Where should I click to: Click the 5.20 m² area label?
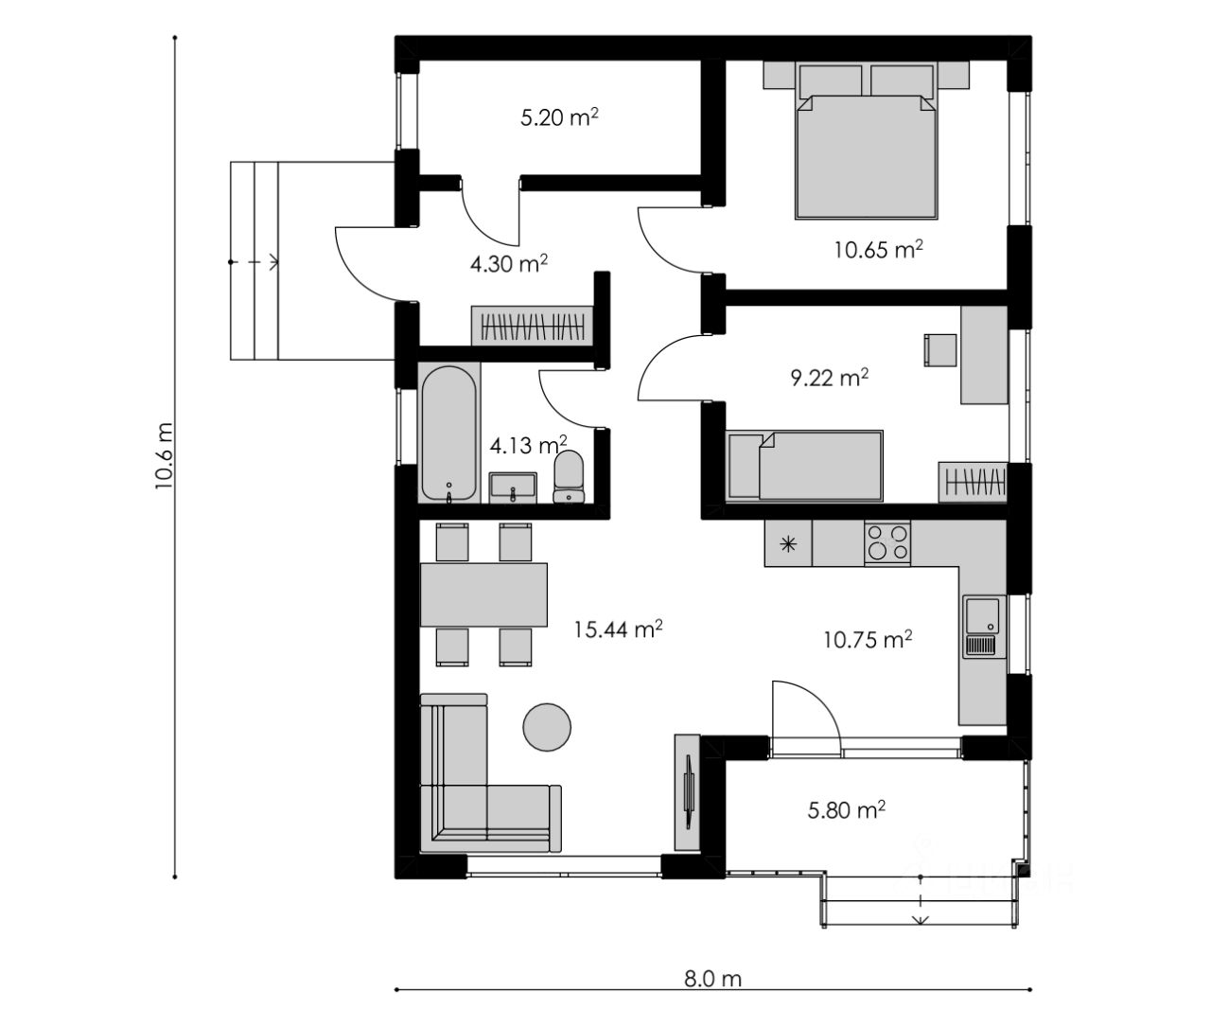pos(559,116)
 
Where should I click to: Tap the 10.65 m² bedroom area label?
pos(878,249)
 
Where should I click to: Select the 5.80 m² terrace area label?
pos(846,809)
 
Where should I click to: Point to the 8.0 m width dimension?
pos(712,979)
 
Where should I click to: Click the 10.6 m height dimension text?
pos(164,455)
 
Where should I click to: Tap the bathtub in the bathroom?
pos(448,433)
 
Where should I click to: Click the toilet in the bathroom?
pos(569,476)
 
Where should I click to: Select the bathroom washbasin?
pos(513,487)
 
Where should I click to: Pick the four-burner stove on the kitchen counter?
pos(886,542)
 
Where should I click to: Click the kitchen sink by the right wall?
pos(984,627)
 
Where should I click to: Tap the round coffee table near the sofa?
pos(547,727)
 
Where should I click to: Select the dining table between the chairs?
pos(483,594)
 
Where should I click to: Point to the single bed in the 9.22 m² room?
pos(804,466)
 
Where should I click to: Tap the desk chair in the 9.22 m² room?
pos(940,350)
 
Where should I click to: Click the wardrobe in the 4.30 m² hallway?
pos(532,326)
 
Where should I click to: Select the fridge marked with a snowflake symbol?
pos(788,543)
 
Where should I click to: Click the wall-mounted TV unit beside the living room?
pos(688,793)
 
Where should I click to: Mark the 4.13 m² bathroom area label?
pos(528,445)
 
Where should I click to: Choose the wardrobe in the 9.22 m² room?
pos(973,482)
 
